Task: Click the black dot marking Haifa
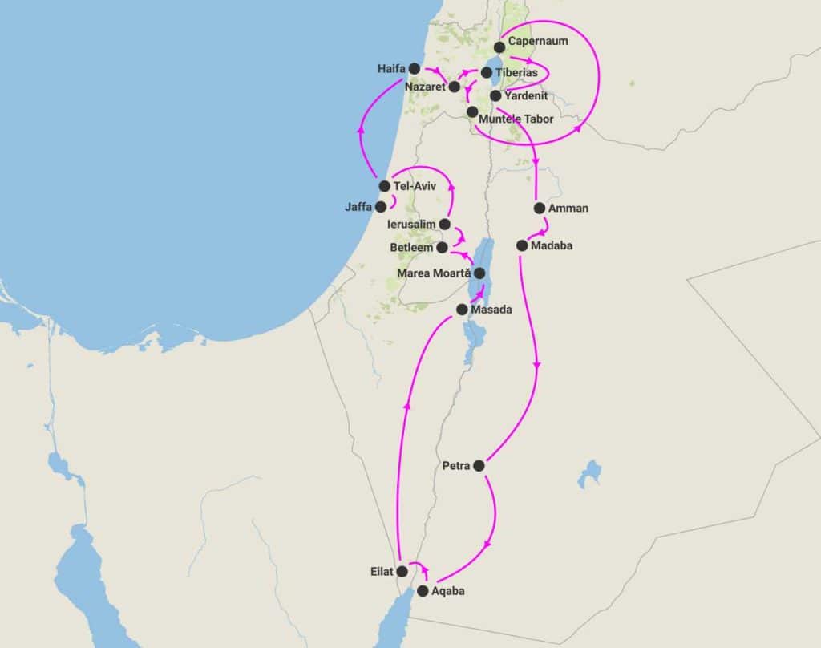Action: [415, 68]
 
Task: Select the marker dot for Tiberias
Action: [487, 73]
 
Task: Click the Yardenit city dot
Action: [495, 95]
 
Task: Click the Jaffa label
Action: [358, 206]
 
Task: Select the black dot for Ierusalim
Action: [445, 225]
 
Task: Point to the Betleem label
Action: [412, 248]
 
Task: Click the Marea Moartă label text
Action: [434, 273]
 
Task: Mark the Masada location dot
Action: [462, 309]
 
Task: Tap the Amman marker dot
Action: [540, 209]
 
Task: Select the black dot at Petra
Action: [479, 465]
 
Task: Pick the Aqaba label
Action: [447, 591]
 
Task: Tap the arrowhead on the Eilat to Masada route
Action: [406, 405]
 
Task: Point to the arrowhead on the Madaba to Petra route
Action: [536, 366]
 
